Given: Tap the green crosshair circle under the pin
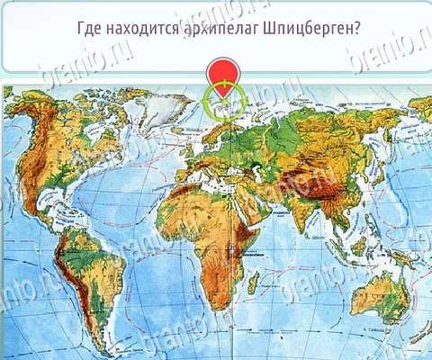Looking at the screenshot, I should pyautogui.click(x=221, y=102).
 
